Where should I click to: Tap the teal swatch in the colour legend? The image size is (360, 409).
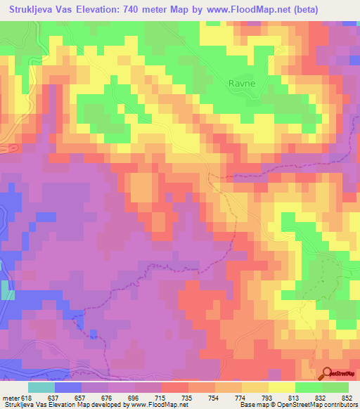[x=41, y=387]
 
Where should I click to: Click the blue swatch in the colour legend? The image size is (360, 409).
[x=68, y=387]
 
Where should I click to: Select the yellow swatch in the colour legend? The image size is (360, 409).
[x=281, y=387]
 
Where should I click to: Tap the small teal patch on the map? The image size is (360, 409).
[x=7, y=290]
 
